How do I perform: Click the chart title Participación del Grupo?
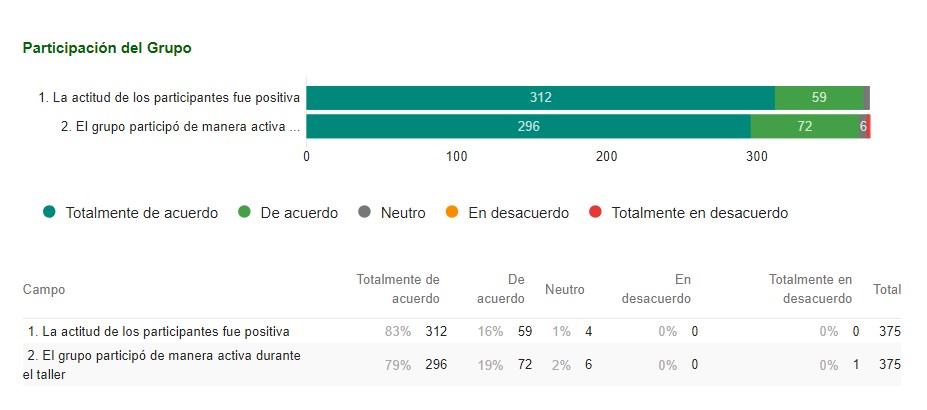[x=107, y=48]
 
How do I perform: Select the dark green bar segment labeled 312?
[x=540, y=98]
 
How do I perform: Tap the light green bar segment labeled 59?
[x=819, y=98]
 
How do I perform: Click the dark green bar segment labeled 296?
[x=528, y=127]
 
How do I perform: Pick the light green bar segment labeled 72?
[x=805, y=127]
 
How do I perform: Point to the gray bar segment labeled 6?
[x=863, y=127]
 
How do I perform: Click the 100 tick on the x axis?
[x=457, y=156]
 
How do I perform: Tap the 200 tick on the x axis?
[x=607, y=156]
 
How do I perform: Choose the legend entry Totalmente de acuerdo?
[x=130, y=213]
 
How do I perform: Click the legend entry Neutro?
[x=392, y=213]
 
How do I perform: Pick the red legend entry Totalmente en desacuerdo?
[x=689, y=213]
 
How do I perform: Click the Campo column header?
[x=44, y=289]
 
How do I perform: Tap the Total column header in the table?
[x=887, y=289]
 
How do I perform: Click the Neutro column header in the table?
[x=564, y=289]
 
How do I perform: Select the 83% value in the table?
[x=398, y=331]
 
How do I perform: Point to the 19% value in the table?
[x=491, y=365]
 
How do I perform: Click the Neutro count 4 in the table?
[x=589, y=331]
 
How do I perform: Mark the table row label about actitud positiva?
[x=159, y=331]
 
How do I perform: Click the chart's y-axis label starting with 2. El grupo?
[x=180, y=127]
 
